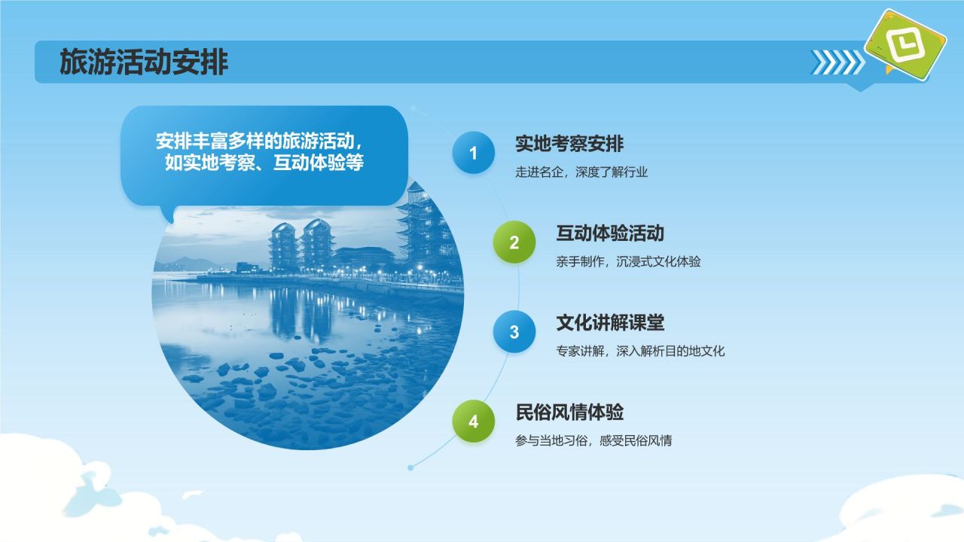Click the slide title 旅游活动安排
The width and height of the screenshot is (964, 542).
(144, 62)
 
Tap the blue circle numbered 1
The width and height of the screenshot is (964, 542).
(474, 153)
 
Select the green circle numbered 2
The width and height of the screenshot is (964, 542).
(514, 242)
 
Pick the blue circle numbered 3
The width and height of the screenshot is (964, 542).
(514, 332)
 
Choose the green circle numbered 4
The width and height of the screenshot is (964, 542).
(474, 421)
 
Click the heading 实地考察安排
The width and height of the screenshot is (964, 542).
(569, 144)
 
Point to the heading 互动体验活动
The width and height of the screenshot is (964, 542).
(610, 233)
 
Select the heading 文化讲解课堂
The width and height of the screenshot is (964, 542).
(610, 323)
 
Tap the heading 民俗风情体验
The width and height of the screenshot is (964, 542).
(569, 412)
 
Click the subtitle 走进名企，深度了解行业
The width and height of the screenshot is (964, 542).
(581, 172)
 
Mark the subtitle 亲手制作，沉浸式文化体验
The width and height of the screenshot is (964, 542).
(628, 261)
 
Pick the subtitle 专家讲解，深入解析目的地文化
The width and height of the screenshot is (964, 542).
(640, 351)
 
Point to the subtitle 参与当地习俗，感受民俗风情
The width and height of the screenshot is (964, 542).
(593, 440)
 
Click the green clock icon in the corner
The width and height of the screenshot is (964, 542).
(905, 45)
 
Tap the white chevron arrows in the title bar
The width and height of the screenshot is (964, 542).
(837, 62)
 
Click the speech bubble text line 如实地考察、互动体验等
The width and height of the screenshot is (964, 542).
(264, 163)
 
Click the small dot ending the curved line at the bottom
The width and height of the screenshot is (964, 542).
(410, 467)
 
